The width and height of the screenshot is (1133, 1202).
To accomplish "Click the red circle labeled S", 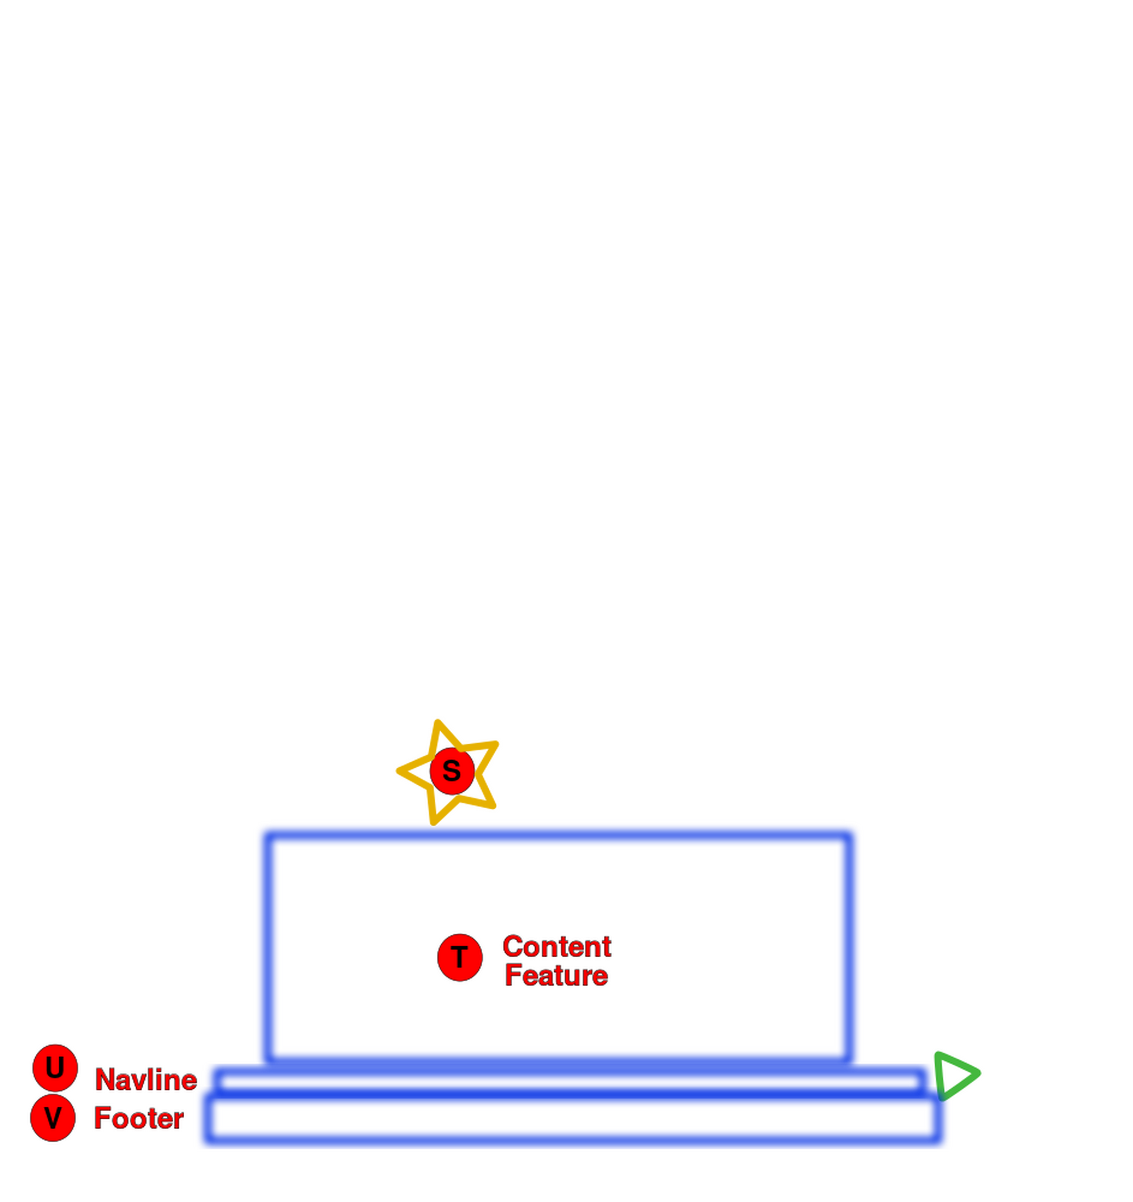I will click(x=452, y=771).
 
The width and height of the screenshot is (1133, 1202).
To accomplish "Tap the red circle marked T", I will click(x=459, y=957).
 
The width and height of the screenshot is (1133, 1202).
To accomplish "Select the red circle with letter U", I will click(x=55, y=1067).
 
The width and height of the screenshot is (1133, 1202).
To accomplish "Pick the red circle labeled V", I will click(x=53, y=1118).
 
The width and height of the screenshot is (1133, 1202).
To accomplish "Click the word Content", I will click(x=556, y=947).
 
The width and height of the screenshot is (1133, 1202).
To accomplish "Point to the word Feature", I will click(x=556, y=976).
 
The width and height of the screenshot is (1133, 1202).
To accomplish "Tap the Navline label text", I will click(x=146, y=1080).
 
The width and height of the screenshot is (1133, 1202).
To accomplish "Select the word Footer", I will click(x=140, y=1119).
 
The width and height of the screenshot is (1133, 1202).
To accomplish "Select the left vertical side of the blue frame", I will click(x=267, y=949).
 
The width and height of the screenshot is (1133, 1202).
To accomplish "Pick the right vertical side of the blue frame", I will click(x=849, y=949).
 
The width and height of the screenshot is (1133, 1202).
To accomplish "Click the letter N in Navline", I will click(x=104, y=1080).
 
